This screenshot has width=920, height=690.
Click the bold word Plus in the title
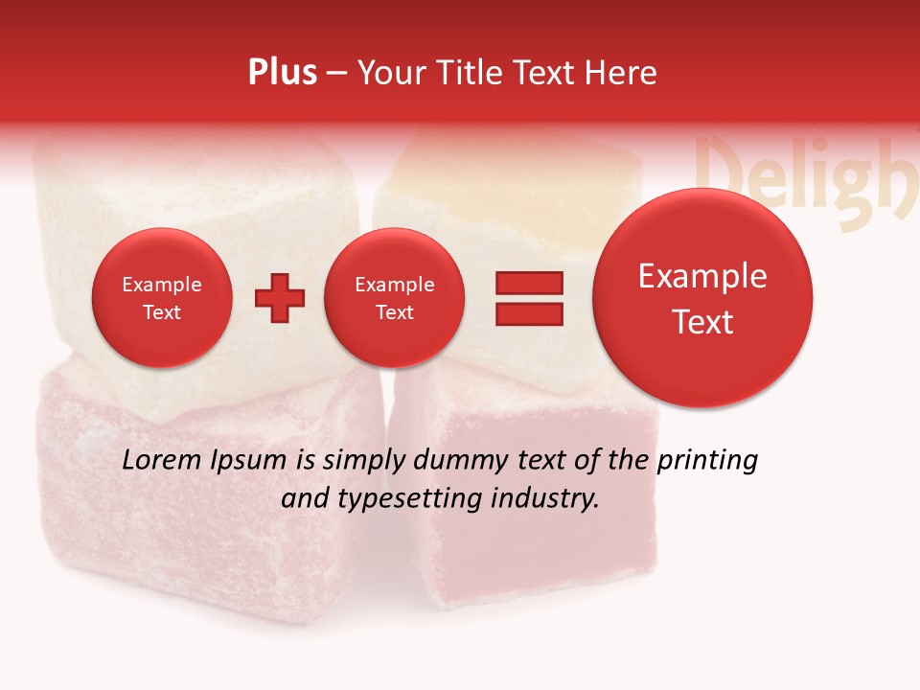click(x=282, y=73)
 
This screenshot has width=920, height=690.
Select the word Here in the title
click(x=622, y=73)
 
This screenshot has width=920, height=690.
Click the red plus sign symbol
click(x=280, y=298)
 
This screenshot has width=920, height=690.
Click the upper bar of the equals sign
click(x=529, y=284)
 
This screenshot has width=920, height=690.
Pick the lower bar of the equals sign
click(x=529, y=313)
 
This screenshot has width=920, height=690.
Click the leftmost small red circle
click(x=161, y=297)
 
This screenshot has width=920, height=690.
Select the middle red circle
click(x=394, y=297)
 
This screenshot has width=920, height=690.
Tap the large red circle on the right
click(x=702, y=298)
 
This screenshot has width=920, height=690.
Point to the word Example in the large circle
click(x=702, y=276)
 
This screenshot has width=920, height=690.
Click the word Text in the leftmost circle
click(x=161, y=312)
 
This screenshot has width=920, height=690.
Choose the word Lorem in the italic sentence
click(x=162, y=460)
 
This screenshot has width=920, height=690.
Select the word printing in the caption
click(x=706, y=461)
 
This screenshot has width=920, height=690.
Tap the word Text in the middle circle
click(x=394, y=312)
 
